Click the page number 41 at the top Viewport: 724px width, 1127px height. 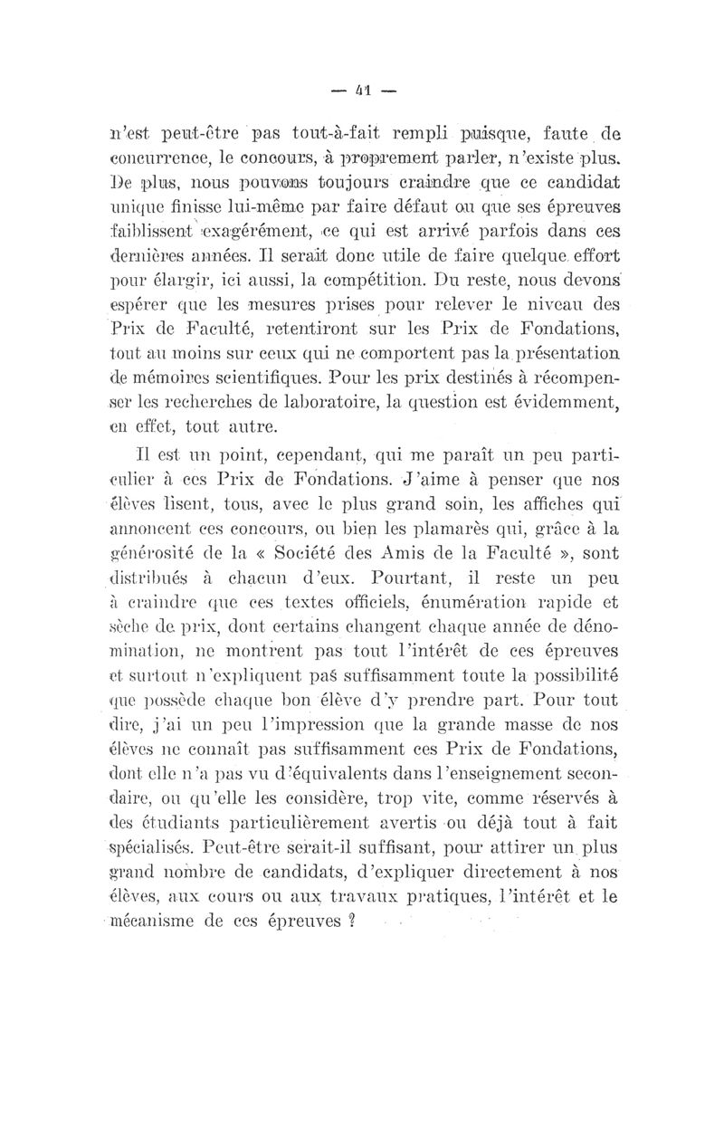click(362, 91)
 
